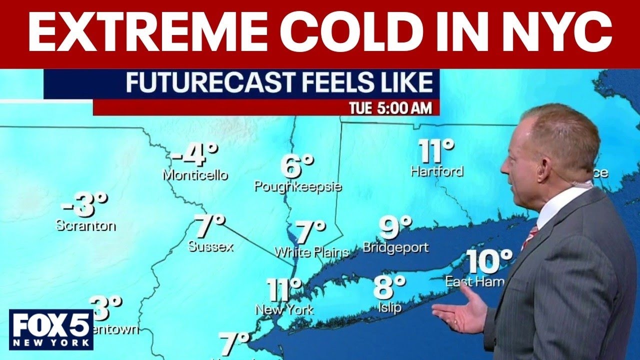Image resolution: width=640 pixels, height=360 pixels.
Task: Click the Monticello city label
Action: point(195,175)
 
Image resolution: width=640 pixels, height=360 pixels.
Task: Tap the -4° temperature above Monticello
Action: point(195,155)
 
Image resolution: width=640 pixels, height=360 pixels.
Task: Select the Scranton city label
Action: point(85,225)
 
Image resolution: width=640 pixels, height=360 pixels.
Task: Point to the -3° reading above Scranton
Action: point(84,205)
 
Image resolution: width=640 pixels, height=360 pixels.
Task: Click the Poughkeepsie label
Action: point(298,187)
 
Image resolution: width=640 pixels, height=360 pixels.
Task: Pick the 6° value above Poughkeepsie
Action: point(297,166)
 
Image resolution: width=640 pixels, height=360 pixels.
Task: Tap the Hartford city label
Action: point(437,171)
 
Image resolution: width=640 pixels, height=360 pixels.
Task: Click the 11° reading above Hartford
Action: point(436,151)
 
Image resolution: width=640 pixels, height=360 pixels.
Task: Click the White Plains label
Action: point(311,252)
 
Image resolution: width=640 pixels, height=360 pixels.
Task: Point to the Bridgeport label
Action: point(395,247)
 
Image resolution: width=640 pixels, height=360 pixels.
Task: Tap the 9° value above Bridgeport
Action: point(395,227)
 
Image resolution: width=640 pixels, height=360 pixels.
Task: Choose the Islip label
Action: point(389,307)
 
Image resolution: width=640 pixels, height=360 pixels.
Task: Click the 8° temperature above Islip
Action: point(389,287)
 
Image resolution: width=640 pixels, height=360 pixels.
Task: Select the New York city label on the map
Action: point(284,309)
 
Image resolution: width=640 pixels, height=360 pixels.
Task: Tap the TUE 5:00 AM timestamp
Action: point(390,108)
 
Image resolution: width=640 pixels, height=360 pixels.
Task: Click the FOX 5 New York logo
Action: point(51,329)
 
